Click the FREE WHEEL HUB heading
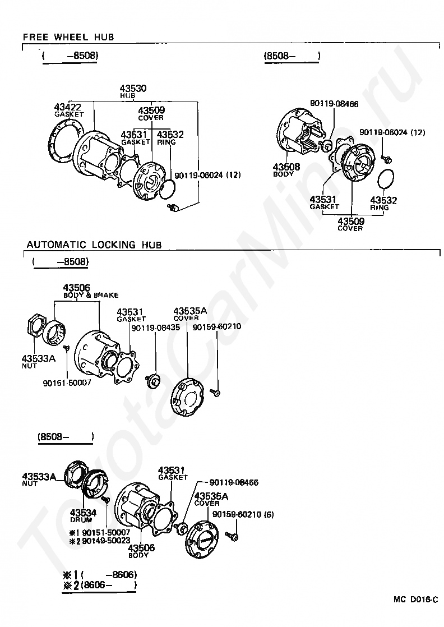point(68,37)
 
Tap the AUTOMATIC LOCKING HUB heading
point(94,245)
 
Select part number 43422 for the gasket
point(67,107)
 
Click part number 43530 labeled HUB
point(133,88)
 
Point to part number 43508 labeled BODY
point(286,167)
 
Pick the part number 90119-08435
point(156,328)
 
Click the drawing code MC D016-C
point(415,600)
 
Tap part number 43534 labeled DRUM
point(83,513)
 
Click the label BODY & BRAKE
point(91,295)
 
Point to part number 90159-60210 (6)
point(243,514)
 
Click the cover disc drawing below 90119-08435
point(187,397)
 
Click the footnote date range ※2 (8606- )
point(100,585)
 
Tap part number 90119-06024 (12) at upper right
point(392,132)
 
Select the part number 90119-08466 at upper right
point(335,104)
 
